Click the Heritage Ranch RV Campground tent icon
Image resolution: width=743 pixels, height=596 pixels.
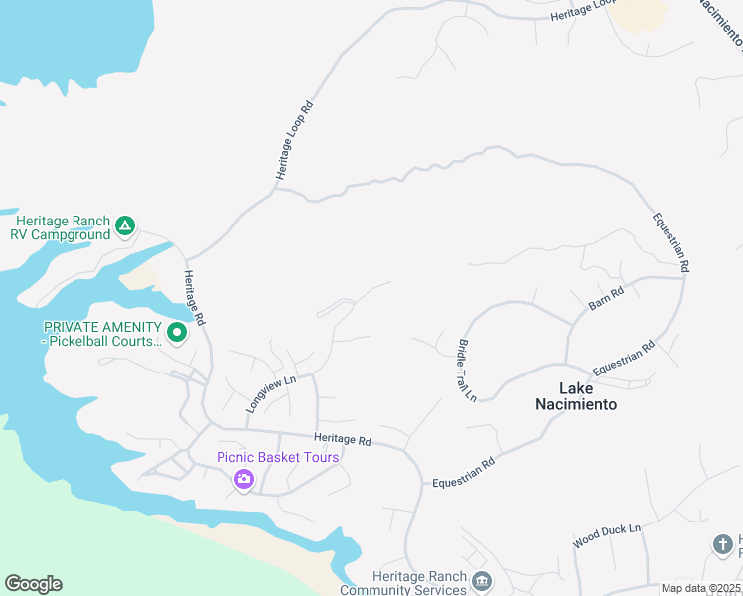pos(125,226)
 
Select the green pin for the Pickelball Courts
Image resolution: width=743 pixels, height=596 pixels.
pos(177,332)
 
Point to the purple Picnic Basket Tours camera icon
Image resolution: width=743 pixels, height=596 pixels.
pos(244,481)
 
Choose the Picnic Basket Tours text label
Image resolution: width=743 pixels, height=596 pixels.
pos(278,457)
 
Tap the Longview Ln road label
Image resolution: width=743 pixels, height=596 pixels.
pos(271,393)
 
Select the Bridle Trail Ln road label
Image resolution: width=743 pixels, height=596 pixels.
pos(468,370)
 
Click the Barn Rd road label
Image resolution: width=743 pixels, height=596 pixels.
pos(605,297)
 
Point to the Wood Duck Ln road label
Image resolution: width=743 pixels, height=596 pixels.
pos(607,535)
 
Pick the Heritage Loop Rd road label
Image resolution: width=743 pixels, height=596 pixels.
pos(294,139)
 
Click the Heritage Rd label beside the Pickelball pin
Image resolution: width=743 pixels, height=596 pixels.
pos(192,299)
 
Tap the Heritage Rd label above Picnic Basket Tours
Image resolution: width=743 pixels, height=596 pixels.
pos(342,439)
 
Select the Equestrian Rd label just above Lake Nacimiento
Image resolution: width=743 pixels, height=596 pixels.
pos(624,359)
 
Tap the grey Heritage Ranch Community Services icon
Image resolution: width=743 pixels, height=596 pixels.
pos(482,581)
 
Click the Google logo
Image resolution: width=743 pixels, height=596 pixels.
pos(33,584)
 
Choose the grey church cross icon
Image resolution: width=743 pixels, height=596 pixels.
pos(723,544)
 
